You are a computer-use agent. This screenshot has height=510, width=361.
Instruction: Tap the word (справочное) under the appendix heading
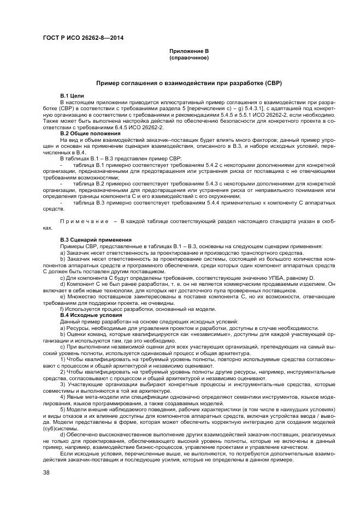pyautogui.click(x=189, y=57)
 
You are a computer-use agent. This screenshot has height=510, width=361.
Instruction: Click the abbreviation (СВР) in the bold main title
pyautogui.click(x=269, y=83)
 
